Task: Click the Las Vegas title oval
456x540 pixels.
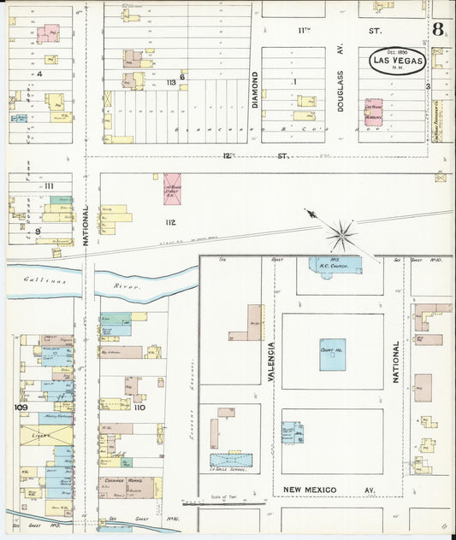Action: coord(397,62)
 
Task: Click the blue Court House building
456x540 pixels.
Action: coord(333,354)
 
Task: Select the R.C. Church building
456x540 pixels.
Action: coord(329,265)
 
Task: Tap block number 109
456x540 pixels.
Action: coord(22,408)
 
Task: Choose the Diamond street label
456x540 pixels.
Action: coord(254,90)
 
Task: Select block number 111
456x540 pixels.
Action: coord(49,186)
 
